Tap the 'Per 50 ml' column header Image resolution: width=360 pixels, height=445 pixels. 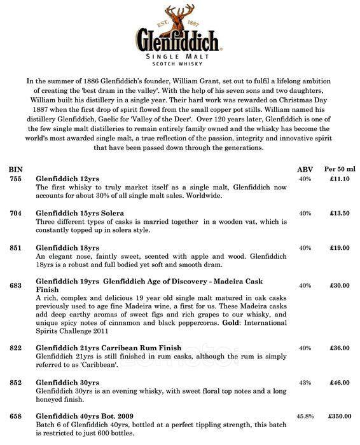[338, 170]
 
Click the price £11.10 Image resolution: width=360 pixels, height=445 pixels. [339, 180]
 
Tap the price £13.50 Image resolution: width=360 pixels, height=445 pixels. [339, 213]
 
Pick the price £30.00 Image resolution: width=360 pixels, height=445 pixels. [339, 285]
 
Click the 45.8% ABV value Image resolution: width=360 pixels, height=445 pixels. [305, 416]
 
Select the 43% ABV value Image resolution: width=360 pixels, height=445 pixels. [305, 383]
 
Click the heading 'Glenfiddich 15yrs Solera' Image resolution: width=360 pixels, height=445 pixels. [79, 212]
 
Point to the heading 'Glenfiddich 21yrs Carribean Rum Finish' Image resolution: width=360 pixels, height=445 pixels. [109, 348]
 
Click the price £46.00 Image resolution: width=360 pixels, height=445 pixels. [339, 383]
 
